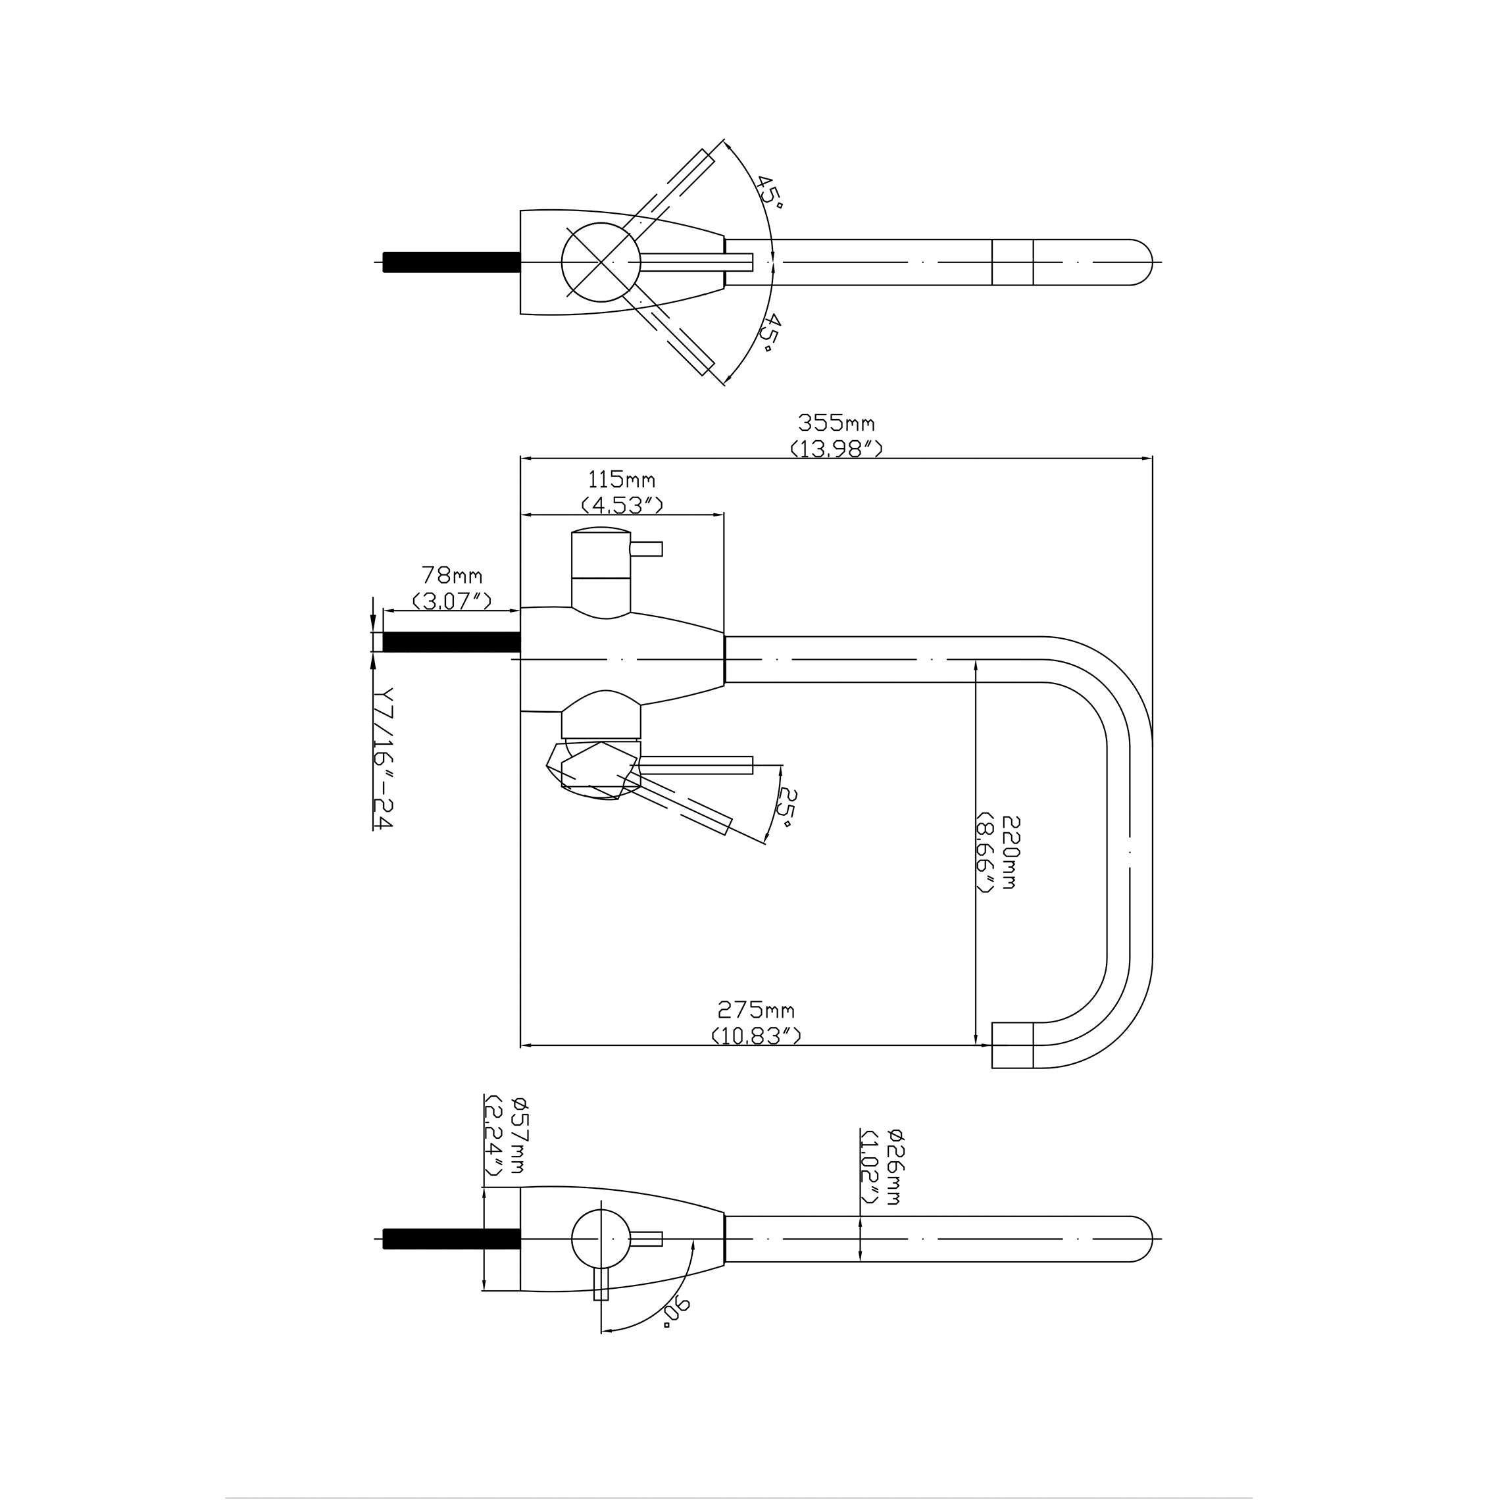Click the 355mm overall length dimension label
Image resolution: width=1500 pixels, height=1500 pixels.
[x=836, y=424]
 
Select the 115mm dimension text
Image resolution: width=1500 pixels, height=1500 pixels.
[x=621, y=480]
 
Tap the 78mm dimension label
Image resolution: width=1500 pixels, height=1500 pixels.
[x=451, y=575]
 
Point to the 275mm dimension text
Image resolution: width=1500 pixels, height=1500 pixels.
[x=755, y=1010]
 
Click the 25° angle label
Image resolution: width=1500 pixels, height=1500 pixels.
[x=788, y=807]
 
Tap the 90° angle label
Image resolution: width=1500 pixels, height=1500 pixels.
[x=676, y=1311]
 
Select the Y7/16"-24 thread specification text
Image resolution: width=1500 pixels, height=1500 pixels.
[x=383, y=758]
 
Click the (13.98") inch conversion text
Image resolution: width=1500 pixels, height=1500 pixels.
[x=836, y=449]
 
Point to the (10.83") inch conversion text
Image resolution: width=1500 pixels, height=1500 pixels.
[x=755, y=1036]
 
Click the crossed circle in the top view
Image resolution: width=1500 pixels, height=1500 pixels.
[x=601, y=262]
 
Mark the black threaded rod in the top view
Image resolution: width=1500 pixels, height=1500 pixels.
[x=451, y=262]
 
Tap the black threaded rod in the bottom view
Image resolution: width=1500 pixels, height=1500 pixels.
[x=451, y=1239]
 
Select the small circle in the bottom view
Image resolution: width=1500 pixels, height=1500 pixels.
[x=601, y=1239]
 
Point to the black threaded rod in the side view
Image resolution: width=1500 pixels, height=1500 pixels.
[x=451, y=642]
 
